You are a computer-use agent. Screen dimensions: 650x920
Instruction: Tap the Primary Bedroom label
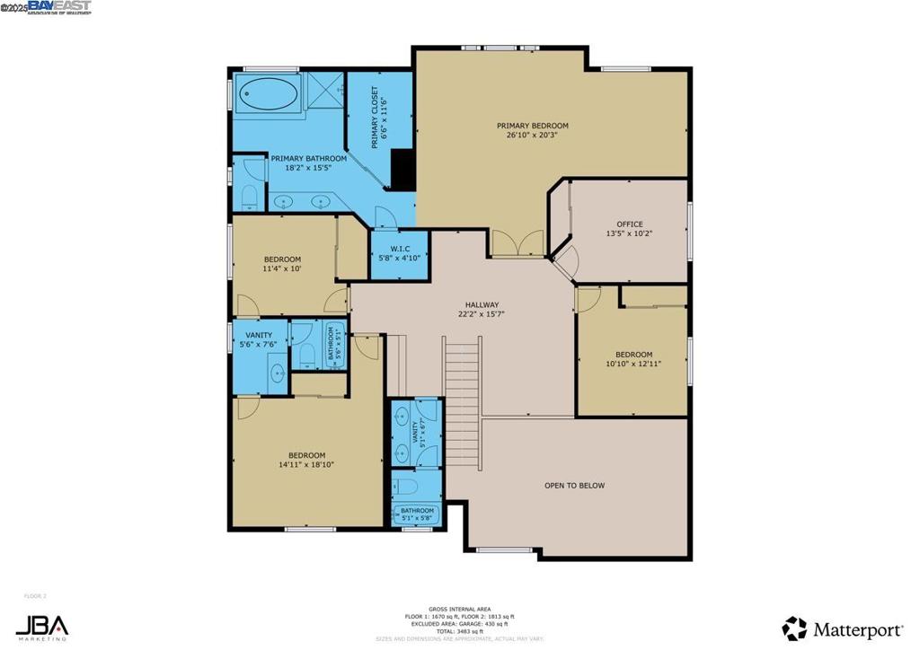[532, 126]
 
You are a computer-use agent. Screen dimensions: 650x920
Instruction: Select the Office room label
[629, 224]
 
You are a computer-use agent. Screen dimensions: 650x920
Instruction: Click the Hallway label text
[481, 304]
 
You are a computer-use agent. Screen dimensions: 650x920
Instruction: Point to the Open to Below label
[574, 486]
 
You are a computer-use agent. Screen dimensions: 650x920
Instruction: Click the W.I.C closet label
[400, 250]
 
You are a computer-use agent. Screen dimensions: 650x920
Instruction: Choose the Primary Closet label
[376, 118]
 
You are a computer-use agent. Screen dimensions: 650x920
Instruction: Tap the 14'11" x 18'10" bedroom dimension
[306, 465]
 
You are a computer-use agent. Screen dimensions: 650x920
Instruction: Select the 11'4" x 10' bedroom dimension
[281, 268]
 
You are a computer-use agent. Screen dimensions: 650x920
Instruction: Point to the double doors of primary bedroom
[517, 245]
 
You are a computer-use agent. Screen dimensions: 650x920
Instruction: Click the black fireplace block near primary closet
[403, 170]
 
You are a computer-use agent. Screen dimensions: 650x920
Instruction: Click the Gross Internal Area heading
[459, 609]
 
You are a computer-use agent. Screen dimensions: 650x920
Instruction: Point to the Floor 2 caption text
[34, 595]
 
